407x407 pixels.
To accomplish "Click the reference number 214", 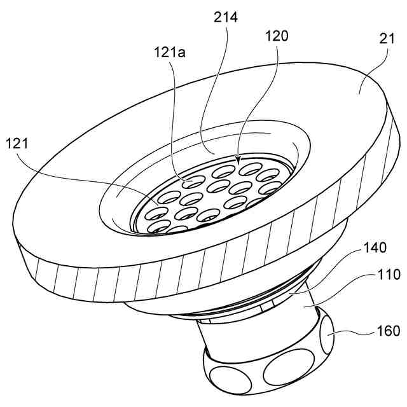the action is [226, 17].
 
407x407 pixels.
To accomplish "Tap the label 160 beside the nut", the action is [388, 331].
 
